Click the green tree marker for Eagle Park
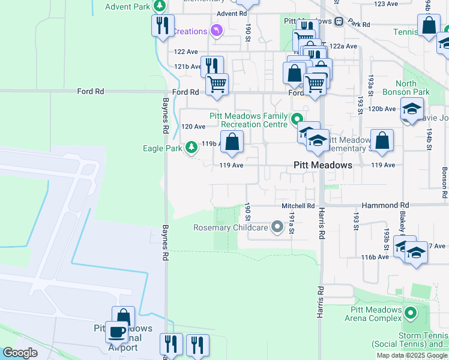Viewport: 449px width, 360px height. point(191,147)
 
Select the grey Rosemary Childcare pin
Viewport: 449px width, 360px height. point(277,227)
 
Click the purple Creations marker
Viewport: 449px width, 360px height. point(217,30)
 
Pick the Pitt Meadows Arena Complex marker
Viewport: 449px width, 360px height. point(411,313)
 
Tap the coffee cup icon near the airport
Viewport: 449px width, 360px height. point(116,332)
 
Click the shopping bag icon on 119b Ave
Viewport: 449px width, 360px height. point(232,142)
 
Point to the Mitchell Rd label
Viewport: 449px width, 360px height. point(298,206)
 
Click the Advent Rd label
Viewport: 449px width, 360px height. point(232,13)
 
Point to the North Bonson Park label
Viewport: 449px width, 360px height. point(413,88)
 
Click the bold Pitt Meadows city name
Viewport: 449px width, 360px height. point(322,165)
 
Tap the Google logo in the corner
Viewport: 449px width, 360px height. point(20,352)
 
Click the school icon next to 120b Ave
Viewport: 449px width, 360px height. point(412,110)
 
